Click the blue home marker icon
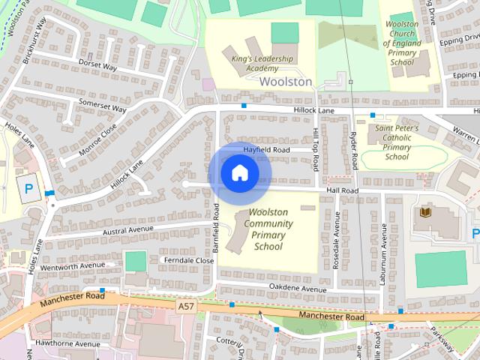[x=239, y=173]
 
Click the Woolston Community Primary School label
[x=268, y=229]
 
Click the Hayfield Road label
[x=265, y=150]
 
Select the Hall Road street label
[x=341, y=191]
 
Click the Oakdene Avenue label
[x=298, y=288]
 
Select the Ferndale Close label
[x=188, y=260]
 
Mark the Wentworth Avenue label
[x=73, y=265]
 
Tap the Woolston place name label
[x=286, y=82]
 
